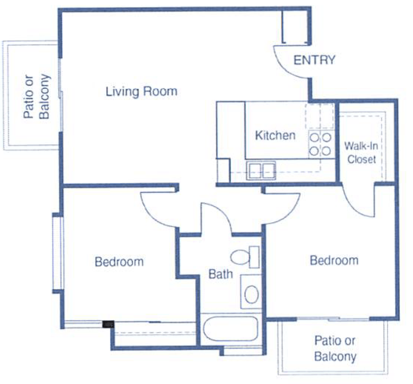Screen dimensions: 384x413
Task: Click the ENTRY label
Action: point(314,60)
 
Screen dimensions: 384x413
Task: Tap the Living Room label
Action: point(141,91)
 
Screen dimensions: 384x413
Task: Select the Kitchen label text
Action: point(275,135)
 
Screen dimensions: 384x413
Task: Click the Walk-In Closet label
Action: point(361,152)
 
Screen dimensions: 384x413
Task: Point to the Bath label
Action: point(220,274)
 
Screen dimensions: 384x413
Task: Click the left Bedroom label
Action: point(119,261)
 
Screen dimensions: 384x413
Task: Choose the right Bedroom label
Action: point(334,260)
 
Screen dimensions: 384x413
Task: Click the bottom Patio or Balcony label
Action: point(335,348)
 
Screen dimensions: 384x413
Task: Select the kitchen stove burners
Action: point(320,144)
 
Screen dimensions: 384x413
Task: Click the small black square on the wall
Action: point(108,324)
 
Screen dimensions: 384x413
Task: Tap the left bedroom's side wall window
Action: point(57,252)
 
